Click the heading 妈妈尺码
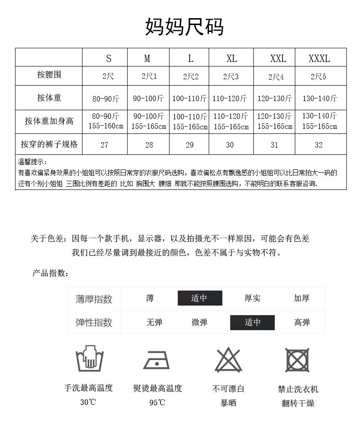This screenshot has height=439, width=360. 184,27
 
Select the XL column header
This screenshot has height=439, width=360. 231,58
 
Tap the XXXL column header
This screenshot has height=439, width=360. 319,58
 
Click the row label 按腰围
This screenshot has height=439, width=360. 49,75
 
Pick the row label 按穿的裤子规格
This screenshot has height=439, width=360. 49,144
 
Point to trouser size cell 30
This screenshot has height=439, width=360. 230,145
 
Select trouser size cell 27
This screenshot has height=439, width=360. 104,145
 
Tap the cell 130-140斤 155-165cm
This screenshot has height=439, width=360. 319,121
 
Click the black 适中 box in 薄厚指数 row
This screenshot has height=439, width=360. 200,298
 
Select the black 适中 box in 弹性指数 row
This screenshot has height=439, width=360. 252,322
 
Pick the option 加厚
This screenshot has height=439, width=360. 302,298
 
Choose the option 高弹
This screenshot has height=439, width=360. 302,322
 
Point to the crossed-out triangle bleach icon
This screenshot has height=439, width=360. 228,360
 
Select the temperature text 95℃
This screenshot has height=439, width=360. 157,403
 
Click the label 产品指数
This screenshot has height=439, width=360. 51,273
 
